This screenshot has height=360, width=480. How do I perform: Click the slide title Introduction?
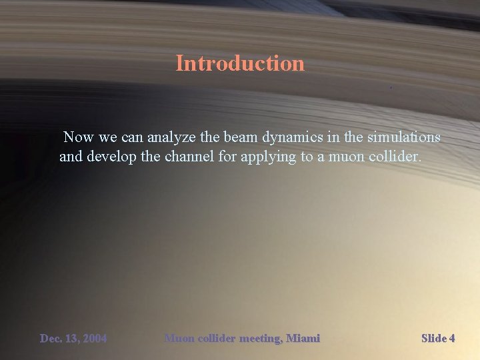coord(240,63)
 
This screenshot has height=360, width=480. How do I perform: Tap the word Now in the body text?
coord(79,137)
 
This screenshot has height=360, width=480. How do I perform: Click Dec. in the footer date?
coord(51,339)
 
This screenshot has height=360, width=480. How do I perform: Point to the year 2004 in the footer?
coord(94,339)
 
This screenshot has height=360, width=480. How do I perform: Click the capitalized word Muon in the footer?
coord(179,339)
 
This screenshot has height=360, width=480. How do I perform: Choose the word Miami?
coord(303,339)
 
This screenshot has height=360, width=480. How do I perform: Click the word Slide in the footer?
coord(434,339)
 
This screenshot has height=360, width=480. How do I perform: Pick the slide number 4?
coord(452,339)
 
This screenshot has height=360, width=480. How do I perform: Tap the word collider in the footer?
coord(216,339)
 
